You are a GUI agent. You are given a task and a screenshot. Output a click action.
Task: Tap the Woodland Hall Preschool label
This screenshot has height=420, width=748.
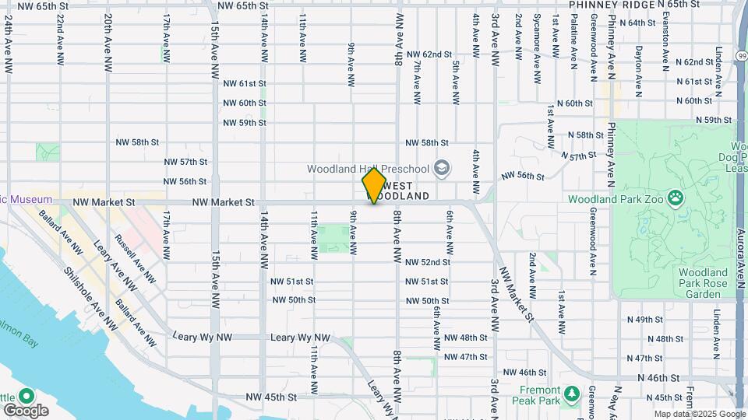pyautogui.click(x=368, y=169)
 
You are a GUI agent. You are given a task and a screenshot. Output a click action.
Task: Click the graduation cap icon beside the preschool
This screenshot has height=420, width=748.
pyautogui.click(x=442, y=168)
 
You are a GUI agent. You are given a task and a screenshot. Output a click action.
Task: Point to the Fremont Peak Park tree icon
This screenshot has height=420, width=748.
pyautogui.click(x=571, y=394)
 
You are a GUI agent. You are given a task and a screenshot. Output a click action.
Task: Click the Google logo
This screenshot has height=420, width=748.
pyautogui.click(x=26, y=410)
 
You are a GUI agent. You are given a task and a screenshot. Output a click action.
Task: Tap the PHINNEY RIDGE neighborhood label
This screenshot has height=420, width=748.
pyautogui.click(x=611, y=5)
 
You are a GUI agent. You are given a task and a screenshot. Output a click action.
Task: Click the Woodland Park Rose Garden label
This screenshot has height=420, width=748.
pyautogui.click(x=703, y=283)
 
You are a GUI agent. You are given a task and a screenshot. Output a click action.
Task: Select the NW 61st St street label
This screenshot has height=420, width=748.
pyautogui.click(x=245, y=83)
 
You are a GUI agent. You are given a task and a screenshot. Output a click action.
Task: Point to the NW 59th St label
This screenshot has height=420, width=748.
pyautogui.click(x=245, y=123)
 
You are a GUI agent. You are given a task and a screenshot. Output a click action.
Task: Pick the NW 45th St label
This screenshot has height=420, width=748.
pyautogui.click(x=271, y=397)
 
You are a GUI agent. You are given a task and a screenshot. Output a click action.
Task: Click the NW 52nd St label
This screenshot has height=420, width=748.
pyautogui.click(x=426, y=262)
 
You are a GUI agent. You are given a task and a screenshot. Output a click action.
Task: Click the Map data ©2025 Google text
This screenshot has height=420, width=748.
pyautogui.click(x=699, y=415)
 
